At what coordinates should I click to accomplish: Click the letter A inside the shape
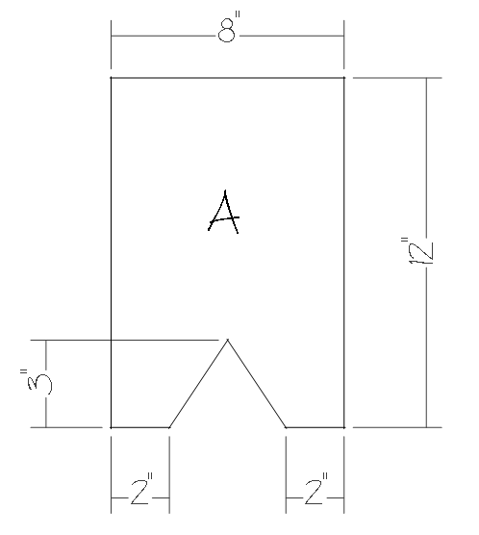point(224,214)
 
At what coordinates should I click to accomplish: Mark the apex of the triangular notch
point(228,340)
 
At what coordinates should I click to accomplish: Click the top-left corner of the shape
point(111,78)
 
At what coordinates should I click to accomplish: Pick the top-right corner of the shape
point(344,78)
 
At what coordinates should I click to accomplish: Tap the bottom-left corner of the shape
point(111,427)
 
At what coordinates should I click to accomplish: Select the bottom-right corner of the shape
point(344,427)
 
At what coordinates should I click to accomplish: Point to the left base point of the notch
point(169,427)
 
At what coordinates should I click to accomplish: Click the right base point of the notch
point(286,427)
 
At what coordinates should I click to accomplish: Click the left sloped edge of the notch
point(198,384)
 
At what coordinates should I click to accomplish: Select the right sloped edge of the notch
point(257,384)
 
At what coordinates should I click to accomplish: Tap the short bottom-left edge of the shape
point(139,427)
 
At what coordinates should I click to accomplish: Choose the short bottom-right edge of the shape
point(315,427)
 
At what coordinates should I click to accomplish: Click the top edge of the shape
point(227,78)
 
